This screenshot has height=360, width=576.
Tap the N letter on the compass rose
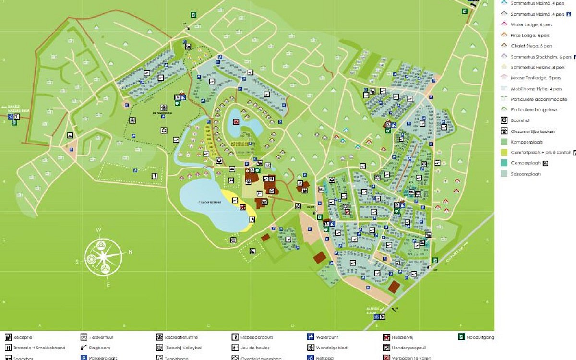pos(130,252)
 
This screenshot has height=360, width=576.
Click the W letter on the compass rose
pos(98,230)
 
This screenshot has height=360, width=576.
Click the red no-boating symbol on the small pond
pos(236,121)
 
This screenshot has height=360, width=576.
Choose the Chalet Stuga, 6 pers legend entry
pos(531,46)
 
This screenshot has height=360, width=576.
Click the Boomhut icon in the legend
pos(504,120)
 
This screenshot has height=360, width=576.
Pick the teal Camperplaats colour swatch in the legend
pos(504,163)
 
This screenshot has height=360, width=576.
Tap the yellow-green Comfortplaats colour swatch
pos(504,152)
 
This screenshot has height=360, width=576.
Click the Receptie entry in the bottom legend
pos(23,337)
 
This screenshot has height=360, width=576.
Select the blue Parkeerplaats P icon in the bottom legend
pos(84,358)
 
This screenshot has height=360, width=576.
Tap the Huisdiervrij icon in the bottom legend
pos(386,337)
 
